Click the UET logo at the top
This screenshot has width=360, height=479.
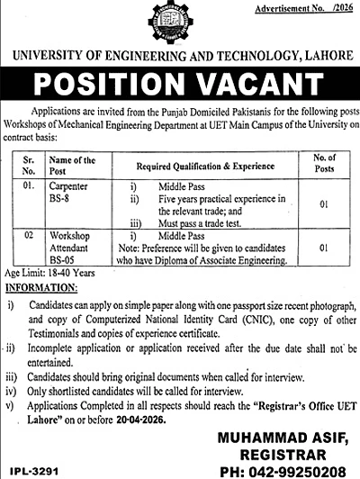tap(179, 33)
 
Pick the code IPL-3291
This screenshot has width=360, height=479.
tap(31, 470)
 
